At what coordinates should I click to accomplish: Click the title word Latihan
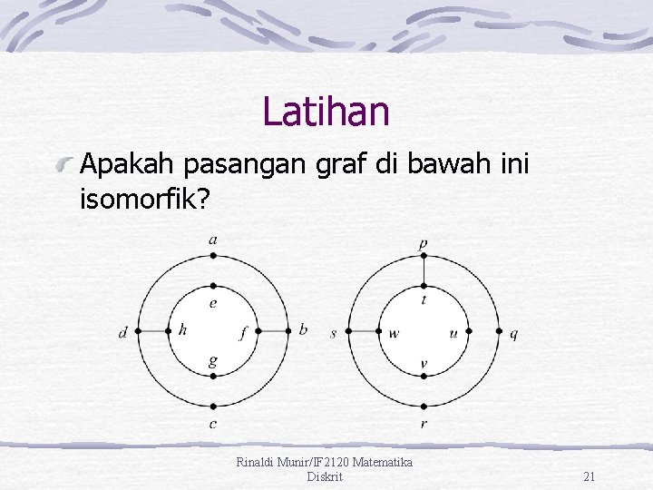(x=326, y=112)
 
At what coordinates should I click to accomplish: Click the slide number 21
(x=589, y=476)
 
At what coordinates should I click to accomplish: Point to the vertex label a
(x=213, y=240)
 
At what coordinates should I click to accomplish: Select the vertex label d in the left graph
(x=123, y=333)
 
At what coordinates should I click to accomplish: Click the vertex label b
(x=303, y=328)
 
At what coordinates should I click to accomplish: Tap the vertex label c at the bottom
(x=213, y=424)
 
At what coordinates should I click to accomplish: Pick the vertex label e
(x=213, y=303)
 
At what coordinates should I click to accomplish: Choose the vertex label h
(x=183, y=329)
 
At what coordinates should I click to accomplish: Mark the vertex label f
(x=243, y=333)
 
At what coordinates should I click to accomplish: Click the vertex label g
(x=213, y=361)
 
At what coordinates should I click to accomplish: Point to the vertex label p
(x=424, y=243)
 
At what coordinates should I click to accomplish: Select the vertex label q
(x=514, y=334)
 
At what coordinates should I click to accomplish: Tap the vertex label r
(x=424, y=424)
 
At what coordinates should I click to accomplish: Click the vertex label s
(x=334, y=333)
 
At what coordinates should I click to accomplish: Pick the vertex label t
(x=424, y=299)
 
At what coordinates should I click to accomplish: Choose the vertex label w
(x=394, y=333)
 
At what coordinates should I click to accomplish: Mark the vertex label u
(x=453, y=333)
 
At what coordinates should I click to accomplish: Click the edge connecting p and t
(x=424, y=270)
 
